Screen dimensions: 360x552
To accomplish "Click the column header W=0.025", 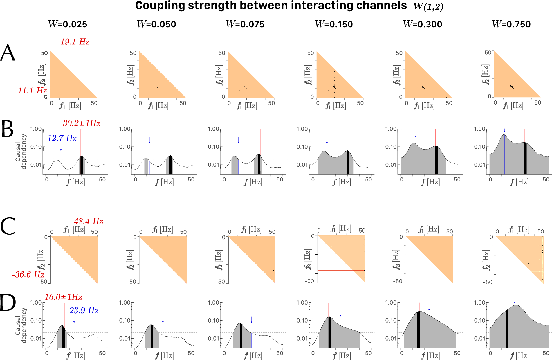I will click(68, 24).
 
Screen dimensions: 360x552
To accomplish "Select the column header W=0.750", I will click(511, 24).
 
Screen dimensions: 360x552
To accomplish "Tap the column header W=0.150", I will click(334, 24).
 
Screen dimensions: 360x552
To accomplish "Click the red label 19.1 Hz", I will click(75, 42).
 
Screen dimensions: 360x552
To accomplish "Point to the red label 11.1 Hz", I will click(32, 91).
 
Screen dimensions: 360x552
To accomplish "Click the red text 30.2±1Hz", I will click(82, 123).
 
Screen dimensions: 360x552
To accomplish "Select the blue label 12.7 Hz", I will click(62, 138).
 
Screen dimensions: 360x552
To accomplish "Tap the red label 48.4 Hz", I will click(89, 222).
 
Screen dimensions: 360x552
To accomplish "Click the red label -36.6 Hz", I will click(28, 274).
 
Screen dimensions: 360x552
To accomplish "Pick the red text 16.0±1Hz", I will click(63, 297).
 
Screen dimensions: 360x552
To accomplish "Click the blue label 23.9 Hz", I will click(84, 311).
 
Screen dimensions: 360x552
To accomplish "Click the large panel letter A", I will click(8, 53).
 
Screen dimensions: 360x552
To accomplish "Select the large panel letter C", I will click(8, 226).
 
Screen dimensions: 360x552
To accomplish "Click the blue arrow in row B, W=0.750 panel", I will click(504, 130).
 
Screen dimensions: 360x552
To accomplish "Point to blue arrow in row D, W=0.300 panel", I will click(429, 307).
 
